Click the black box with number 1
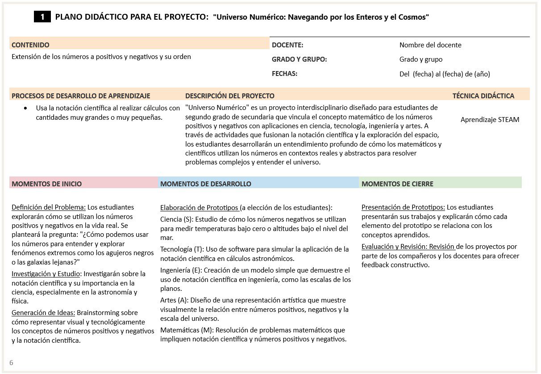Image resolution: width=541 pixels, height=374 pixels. pyautogui.click(x=42, y=17)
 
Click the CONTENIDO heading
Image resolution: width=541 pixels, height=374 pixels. pyautogui.click(x=30, y=45)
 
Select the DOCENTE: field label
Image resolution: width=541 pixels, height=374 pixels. pyautogui.click(x=287, y=45)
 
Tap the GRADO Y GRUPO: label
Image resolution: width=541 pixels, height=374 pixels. pyautogui.click(x=299, y=59)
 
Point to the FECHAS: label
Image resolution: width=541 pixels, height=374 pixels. pyautogui.click(x=284, y=73)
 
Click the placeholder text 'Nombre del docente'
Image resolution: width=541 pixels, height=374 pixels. pyautogui.click(x=430, y=45)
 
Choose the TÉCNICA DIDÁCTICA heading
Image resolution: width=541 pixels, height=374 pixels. pyautogui.click(x=483, y=96)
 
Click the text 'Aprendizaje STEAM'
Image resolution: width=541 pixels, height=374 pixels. pyautogui.click(x=490, y=119)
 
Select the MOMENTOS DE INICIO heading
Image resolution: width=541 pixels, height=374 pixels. pyautogui.click(x=46, y=184)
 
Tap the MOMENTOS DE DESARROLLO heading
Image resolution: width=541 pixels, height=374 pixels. pyautogui.click(x=205, y=184)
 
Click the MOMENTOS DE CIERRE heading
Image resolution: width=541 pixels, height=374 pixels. pyautogui.click(x=397, y=184)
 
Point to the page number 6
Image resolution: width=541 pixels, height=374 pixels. pyautogui.click(x=11, y=362)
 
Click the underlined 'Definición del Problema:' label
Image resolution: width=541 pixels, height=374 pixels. pyautogui.click(x=49, y=207)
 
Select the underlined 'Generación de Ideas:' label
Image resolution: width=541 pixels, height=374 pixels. pyautogui.click(x=43, y=313)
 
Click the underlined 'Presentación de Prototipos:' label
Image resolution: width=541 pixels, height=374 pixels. pyautogui.click(x=403, y=207)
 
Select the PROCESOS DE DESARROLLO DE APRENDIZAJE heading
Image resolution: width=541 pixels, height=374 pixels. pyautogui.click(x=81, y=96)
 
